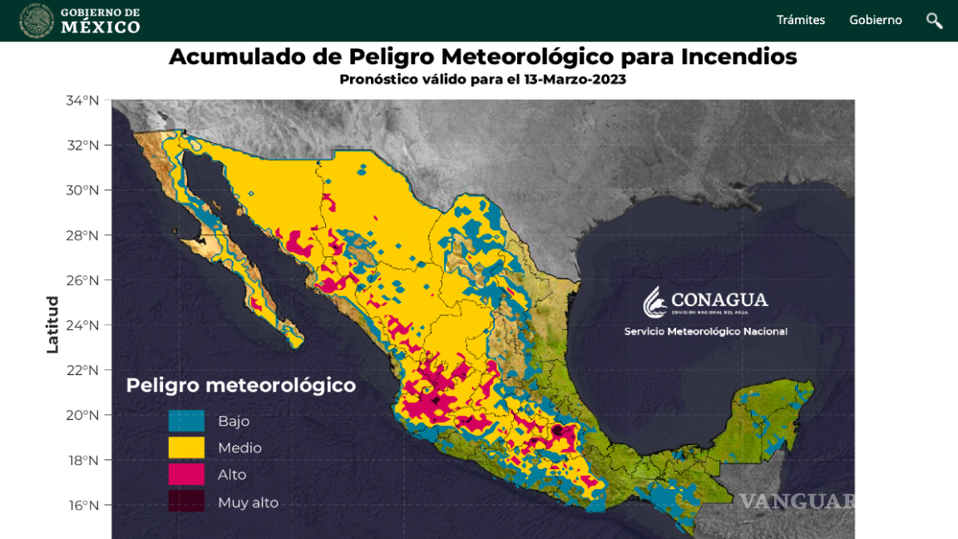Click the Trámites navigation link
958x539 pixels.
click(800, 20)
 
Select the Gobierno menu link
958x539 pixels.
click(875, 20)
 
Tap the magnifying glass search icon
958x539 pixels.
click(935, 21)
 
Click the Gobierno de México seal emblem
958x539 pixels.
click(37, 20)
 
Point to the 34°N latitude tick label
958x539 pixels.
click(82, 101)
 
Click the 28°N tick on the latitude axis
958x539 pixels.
click(82, 235)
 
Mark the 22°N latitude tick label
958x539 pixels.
click(82, 370)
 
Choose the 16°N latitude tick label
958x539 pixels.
click(82, 505)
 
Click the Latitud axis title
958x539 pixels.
click(52, 324)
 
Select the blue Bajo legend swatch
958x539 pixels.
click(186, 421)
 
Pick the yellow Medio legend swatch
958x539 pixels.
click(186, 448)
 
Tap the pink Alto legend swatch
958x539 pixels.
click(186, 474)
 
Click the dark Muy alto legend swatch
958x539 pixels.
click(186, 502)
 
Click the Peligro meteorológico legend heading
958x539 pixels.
click(240, 386)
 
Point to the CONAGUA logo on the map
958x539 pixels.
click(705, 302)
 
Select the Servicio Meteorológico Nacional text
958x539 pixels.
click(705, 332)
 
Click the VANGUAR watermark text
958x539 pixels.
click(797, 502)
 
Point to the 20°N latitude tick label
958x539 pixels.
click(82, 415)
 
